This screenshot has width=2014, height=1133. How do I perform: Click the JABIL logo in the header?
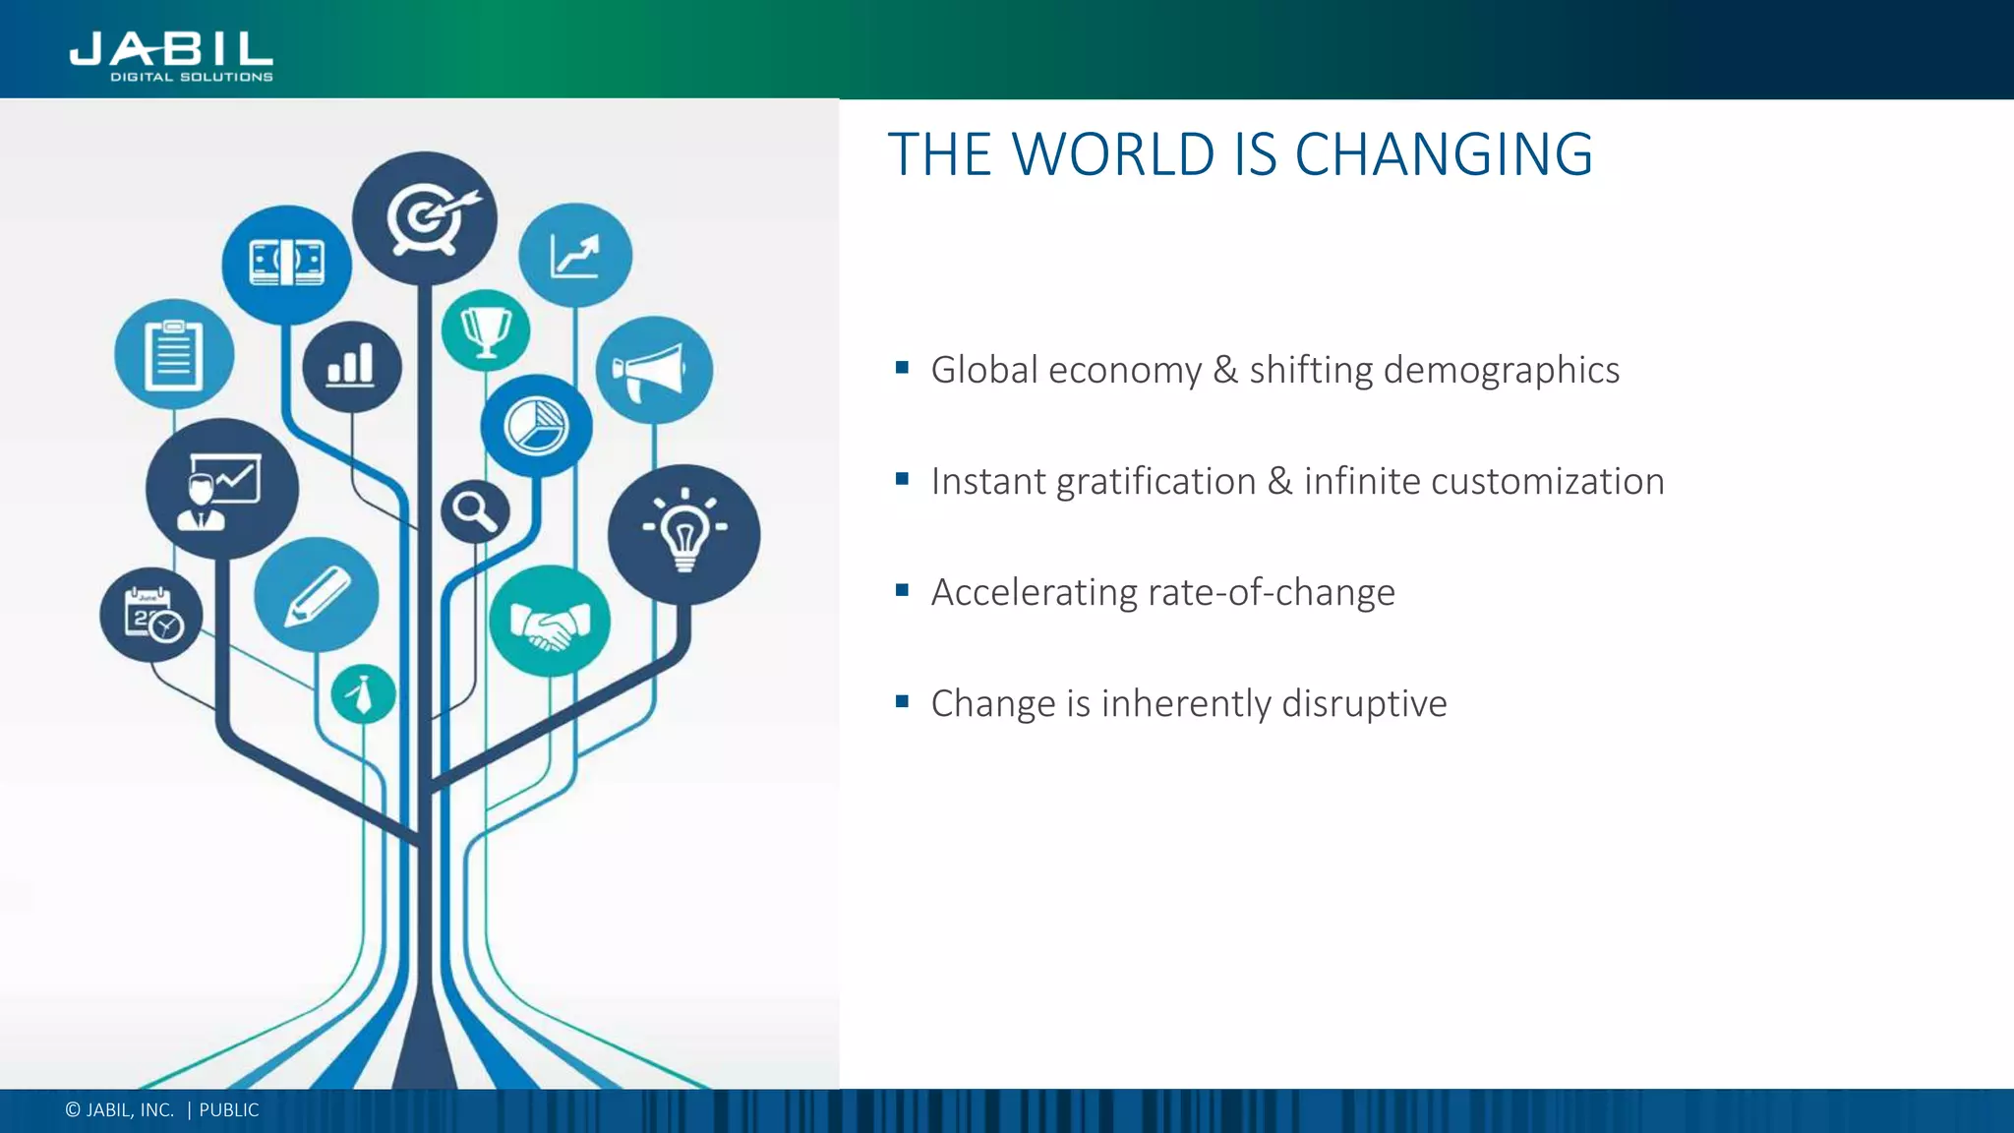pyautogui.click(x=171, y=56)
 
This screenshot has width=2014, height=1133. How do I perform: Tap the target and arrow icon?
pyautogui.click(x=425, y=218)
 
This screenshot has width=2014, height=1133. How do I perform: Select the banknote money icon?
pyautogui.click(x=286, y=264)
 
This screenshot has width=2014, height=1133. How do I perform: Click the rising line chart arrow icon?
pyautogui.click(x=575, y=256)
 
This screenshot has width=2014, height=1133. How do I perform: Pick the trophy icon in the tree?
pyautogui.click(x=486, y=330)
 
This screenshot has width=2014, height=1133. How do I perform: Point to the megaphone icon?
pyautogui.click(x=653, y=371)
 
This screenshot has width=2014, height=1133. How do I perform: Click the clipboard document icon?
pyautogui.click(x=174, y=354)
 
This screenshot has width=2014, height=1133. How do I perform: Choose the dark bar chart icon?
pyautogui.click(x=351, y=366)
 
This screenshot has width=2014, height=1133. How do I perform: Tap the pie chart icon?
pyautogui.click(x=536, y=426)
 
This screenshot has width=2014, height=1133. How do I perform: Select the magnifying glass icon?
pyautogui.click(x=475, y=511)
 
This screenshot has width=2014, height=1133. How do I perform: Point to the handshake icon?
pyautogui.click(x=550, y=622)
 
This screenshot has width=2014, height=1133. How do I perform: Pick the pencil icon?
pyautogui.click(x=316, y=595)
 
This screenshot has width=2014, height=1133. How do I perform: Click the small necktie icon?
pyautogui.click(x=363, y=694)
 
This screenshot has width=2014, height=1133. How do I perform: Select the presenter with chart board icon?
pyautogui.click(x=221, y=490)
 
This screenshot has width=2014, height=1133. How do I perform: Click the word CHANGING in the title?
pyautogui.click(x=1444, y=154)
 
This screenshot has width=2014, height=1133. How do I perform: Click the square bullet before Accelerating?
pyautogui.click(x=902, y=590)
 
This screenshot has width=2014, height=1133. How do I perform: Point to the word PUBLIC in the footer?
pyautogui.click(x=229, y=1110)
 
